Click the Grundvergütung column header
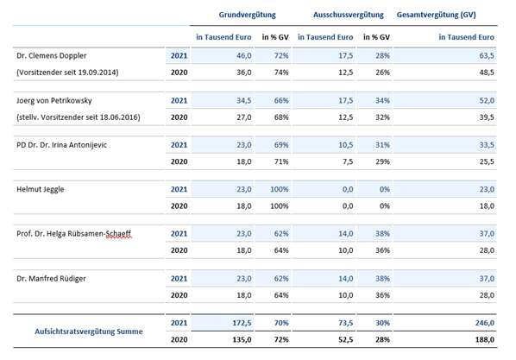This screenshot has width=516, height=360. (247, 15)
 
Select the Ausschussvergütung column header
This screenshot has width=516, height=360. (348, 15)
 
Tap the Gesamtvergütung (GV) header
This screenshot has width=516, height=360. (436, 15)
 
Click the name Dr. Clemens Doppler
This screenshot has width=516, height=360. (51, 55)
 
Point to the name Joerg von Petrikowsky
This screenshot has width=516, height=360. (54, 100)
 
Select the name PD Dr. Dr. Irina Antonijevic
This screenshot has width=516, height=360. (61, 145)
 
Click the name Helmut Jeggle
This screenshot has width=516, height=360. (41, 189)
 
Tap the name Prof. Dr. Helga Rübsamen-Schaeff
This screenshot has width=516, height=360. (73, 234)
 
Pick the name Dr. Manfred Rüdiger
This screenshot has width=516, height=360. (51, 279)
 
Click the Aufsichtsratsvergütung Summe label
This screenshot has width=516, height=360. (89, 332)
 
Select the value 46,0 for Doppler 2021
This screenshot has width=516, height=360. (244, 55)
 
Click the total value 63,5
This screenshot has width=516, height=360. (487, 55)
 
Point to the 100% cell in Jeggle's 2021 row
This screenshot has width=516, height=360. (279, 189)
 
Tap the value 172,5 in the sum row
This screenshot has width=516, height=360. (242, 323)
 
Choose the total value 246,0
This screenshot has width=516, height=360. (484, 323)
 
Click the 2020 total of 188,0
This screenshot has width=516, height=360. (484, 339)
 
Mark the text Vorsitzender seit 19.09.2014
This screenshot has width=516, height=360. (67, 73)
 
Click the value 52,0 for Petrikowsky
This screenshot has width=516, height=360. (487, 100)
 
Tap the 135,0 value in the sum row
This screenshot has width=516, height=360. (242, 339)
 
